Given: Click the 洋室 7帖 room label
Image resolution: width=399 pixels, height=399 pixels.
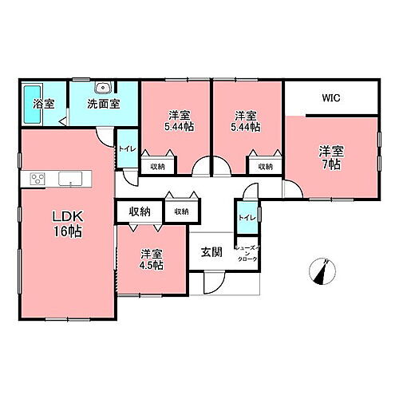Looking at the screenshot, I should [330, 156].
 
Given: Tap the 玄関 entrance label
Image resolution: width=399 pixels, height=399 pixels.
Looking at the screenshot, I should [211, 254].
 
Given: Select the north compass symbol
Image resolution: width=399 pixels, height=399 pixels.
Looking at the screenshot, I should [323, 272].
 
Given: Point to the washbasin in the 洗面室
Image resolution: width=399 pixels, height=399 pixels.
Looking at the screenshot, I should [101, 87].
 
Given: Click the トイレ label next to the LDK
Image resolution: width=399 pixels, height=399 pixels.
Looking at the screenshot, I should [126, 148].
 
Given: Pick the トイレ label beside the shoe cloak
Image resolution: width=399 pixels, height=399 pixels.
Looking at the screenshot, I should [245, 217].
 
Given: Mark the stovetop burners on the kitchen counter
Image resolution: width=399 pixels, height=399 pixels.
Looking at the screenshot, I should [38, 178].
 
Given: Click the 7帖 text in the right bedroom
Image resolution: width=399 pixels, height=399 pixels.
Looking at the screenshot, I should [331, 164].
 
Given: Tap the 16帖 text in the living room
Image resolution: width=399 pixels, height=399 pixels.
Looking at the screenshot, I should [65, 232].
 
